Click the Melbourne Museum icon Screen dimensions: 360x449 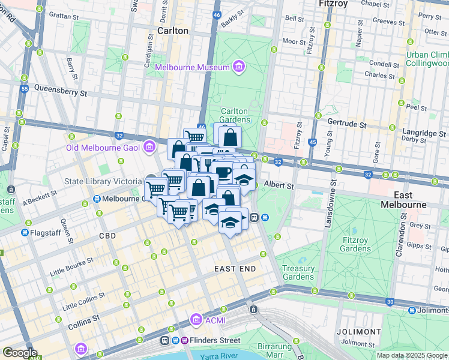tap(239, 67)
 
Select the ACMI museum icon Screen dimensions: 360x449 tap(195, 320)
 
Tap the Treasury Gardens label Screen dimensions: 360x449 tap(298, 272)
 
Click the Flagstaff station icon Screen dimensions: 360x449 tap(25, 232)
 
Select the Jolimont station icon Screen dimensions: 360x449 tap(412, 310)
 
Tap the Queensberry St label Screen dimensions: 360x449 tap(61, 93)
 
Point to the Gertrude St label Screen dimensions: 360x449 tap(346, 124)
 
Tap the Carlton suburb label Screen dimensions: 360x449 tap(172, 31)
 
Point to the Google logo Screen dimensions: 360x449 tap(20, 353)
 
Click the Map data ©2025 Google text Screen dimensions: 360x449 tap(411, 355)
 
